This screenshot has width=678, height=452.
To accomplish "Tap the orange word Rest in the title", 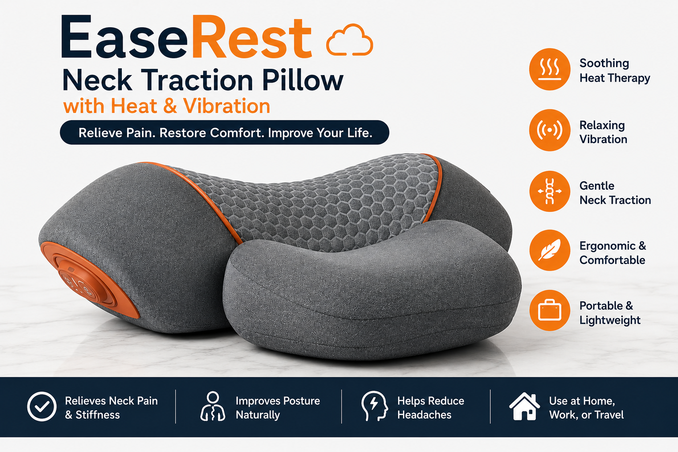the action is click(252, 38).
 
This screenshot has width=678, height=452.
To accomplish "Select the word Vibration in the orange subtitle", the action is click(226, 106).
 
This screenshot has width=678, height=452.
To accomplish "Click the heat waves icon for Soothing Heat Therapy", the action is click(550, 69).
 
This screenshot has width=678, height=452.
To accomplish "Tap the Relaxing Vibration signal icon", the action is click(550, 130).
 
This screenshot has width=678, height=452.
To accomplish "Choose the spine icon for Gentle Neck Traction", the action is click(550, 191).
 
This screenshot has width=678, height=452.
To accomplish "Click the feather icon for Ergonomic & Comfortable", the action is click(550, 250).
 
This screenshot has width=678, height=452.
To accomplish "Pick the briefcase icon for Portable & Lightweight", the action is click(550, 310).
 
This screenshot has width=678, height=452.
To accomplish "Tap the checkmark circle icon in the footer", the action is click(42, 407).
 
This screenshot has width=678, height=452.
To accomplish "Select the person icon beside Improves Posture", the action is click(213, 406).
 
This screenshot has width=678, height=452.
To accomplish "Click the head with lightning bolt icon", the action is click(374, 406).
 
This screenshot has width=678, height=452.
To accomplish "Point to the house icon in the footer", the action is click(524, 406).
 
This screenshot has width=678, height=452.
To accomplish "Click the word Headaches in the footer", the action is click(424, 415).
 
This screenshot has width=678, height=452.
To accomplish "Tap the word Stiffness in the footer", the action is click(98, 415).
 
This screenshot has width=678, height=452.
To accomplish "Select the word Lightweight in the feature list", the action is click(610, 320).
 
